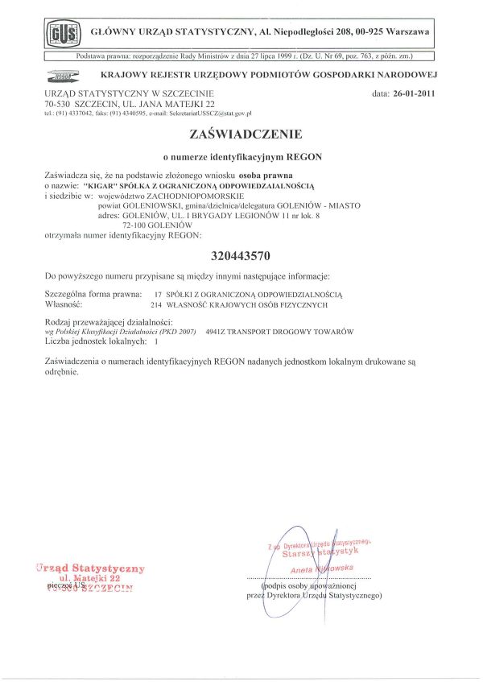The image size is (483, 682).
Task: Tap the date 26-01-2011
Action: tap(416, 94)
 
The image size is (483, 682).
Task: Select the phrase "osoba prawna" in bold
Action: tap(266, 174)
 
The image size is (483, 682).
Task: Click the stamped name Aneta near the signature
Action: tap(301, 568)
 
